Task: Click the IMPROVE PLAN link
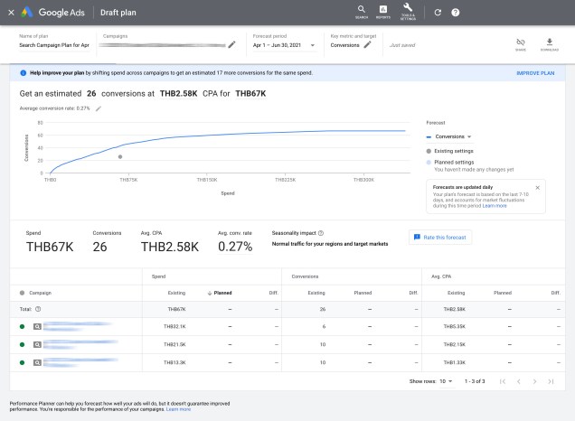click(x=535, y=72)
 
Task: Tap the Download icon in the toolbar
click(x=549, y=43)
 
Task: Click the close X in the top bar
click(x=11, y=13)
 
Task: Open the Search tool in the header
click(x=362, y=11)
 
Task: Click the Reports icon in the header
click(x=383, y=11)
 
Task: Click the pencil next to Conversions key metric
click(x=368, y=44)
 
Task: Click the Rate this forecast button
click(x=439, y=237)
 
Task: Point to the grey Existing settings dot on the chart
click(x=120, y=156)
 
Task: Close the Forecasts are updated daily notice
click(x=537, y=188)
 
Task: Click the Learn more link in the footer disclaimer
click(x=178, y=409)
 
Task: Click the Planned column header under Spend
click(x=220, y=293)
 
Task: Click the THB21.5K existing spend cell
click(x=174, y=344)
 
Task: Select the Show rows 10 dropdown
click(x=446, y=381)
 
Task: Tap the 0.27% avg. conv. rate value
click(x=235, y=246)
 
